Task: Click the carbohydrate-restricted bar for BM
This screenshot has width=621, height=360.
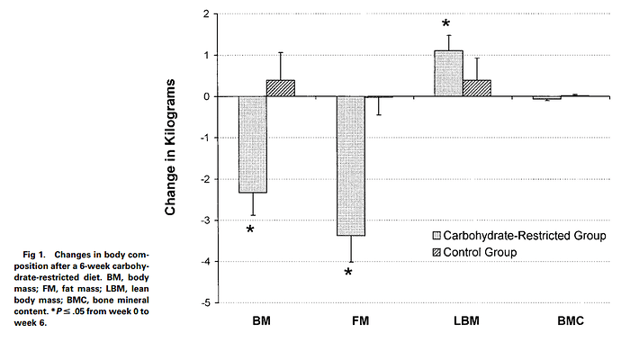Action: coord(252,144)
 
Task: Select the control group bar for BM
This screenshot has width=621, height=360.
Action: coord(280,88)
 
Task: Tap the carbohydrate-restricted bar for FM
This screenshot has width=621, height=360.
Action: coord(350,166)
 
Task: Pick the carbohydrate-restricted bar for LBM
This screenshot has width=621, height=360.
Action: coord(448,74)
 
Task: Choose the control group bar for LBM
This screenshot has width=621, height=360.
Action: coord(476,88)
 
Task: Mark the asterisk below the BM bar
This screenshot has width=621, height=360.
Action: coord(250,230)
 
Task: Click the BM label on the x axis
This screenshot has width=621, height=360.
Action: coord(264,320)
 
